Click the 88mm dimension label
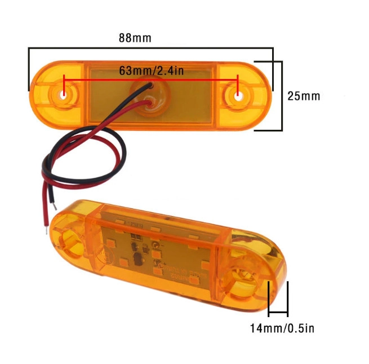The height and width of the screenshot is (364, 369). (x=135, y=38)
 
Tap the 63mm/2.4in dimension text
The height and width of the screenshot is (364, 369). (x=152, y=71)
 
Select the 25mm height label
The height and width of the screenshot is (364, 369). (x=304, y=96)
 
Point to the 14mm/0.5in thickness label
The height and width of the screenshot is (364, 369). (x=282, y=328)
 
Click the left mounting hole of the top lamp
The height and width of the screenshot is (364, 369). (x=63, y=95)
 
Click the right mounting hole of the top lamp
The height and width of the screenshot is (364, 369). (x=238, y=97)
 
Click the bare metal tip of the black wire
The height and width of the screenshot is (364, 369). (x=55, y=207)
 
